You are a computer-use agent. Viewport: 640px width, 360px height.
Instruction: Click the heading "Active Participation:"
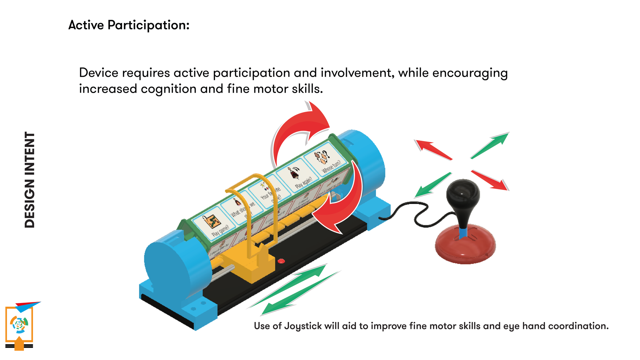[x=129, y=25]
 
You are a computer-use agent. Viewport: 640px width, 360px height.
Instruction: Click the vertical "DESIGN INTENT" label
[x=30, y=180]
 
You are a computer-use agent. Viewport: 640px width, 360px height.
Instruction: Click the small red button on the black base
[x=281, y=261]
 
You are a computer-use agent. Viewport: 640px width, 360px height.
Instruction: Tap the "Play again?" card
[x=298, y=177]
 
